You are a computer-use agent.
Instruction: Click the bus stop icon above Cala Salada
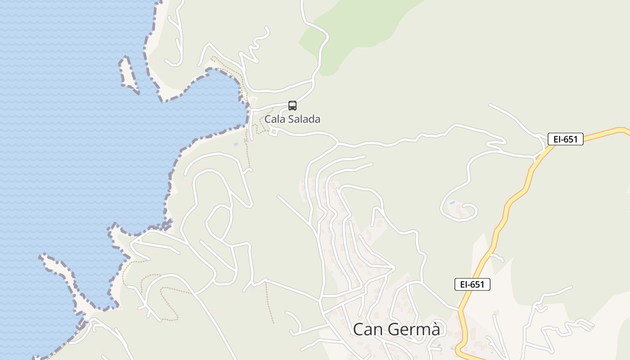click(292, 106)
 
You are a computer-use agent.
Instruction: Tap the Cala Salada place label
click(292, 119)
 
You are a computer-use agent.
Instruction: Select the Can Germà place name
click(396, 329)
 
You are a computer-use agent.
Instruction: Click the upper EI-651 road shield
click(566, 139)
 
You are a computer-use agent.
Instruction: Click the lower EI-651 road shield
click(472, 284)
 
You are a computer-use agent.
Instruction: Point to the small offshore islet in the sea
click(128, 74)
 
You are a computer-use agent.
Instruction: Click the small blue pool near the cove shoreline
click(236, 144)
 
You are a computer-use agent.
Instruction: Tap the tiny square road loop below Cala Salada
click(273, 131)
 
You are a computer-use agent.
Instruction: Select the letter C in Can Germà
click(359, 329)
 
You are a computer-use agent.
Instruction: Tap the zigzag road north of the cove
click(256, 45)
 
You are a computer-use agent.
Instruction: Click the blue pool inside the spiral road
click(452, 202)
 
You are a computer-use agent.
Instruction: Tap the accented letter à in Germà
click(435, 329)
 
